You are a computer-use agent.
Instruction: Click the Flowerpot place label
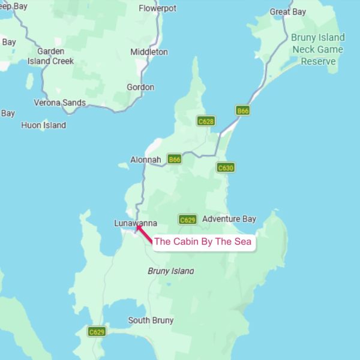tap(158, 8)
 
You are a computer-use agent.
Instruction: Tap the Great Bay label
tap(288, 11)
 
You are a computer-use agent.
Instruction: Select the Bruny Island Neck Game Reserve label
tap(317, 49)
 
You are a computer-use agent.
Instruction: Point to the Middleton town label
tap(149, 52)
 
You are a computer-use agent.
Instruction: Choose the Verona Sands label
tap(59, 103)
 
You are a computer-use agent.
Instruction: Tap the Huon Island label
tap(43, 125)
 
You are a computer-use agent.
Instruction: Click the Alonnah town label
tap(146, 160)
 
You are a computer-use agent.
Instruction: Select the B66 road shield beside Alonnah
tap(174, 160)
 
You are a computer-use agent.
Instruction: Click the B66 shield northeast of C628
tap(242, 111)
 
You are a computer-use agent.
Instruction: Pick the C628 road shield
tap(206, 121)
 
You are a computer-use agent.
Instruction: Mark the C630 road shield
tap(225, 168)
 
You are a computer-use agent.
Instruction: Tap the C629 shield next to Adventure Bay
tap(187, 220)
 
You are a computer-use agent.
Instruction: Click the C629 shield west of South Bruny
tap(97, 331)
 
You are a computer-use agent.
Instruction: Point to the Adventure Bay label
tap(229, 219)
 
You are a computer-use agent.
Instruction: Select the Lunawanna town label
tap(136, 223)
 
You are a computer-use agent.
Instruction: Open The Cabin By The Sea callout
tap(203, 242)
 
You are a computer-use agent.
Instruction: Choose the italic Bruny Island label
tap(171, 271)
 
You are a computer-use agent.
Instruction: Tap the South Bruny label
tap(151, 320)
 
